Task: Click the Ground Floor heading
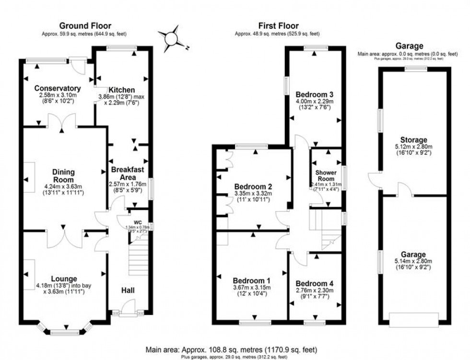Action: (x=85, y=26)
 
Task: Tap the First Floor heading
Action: (x=278, y=26)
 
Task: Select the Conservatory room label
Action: (x=57, y=88)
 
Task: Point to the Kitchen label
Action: (x=121, y=90)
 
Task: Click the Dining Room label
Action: (x=64, y=174)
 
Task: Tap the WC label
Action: (x=137, y=222)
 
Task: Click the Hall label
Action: (x=128, y=290)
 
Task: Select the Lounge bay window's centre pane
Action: (x=64, y=332)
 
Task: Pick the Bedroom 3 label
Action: (x=314, y=94)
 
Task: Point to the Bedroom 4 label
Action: (x=314, y=283)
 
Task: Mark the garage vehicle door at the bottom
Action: (x=413, y=320)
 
